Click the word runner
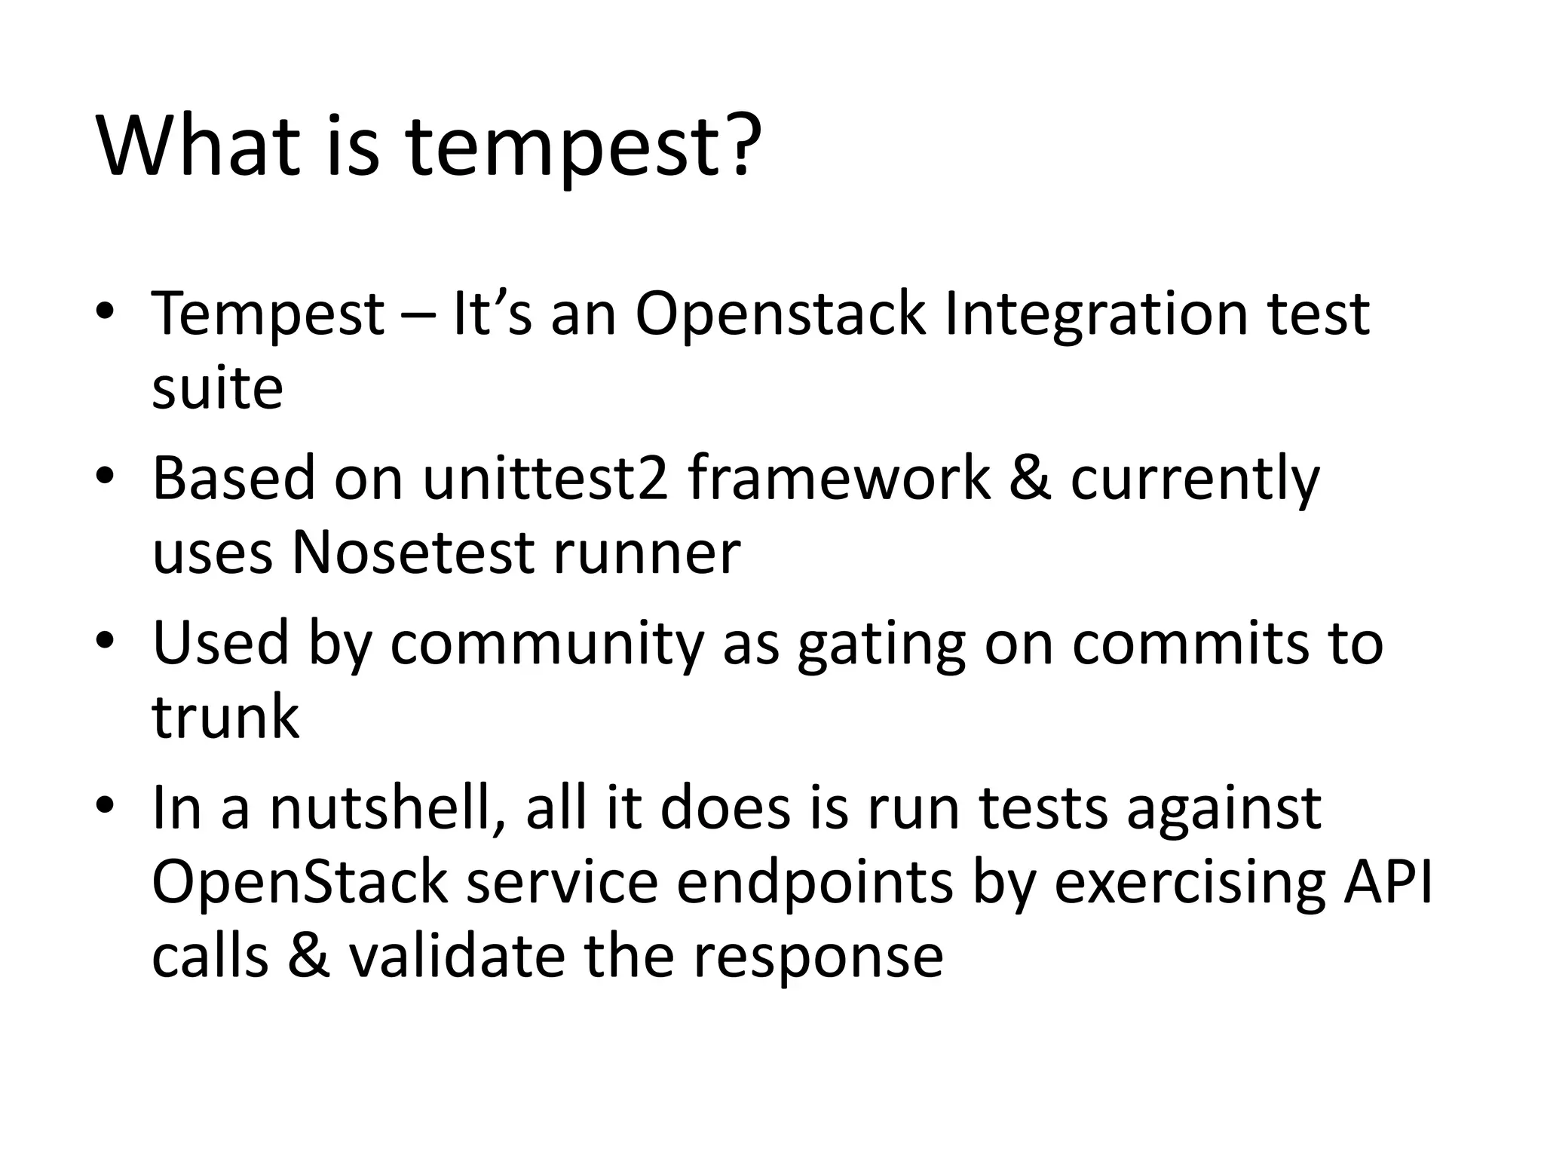[647, 553]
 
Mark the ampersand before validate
[308, 956]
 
